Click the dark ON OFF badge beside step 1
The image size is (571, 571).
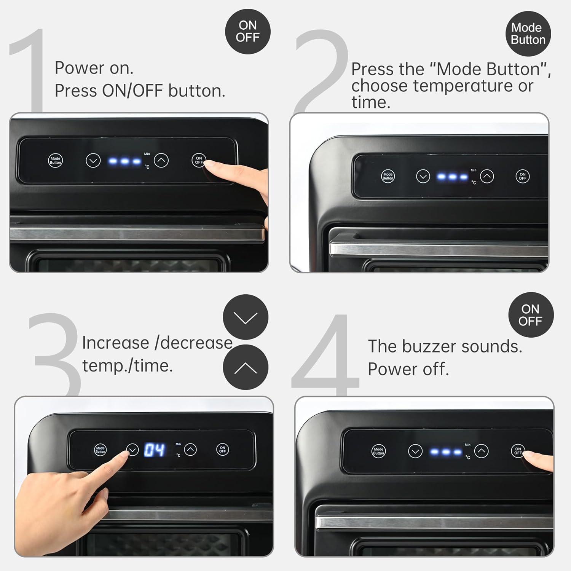[248, 32]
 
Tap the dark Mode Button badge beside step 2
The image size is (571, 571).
[528, 34]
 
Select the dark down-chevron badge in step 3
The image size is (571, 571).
[246, 317]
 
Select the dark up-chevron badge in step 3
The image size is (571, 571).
[246, 367]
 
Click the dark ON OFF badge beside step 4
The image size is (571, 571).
[531, 315]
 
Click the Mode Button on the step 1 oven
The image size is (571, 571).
[55, 161]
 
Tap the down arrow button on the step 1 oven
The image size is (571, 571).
[93, 161]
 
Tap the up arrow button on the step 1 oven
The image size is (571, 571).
[161, 160]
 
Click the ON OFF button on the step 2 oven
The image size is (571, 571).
[523, 176]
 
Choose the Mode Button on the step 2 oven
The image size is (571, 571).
[388, 176]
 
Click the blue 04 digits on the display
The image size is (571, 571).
[154, 450]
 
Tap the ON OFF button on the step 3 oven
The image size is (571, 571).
[223, 449]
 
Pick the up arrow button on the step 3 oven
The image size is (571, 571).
[190, 450]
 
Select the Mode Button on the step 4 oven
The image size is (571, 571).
[378, 451]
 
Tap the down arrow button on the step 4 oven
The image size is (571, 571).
[415, 451]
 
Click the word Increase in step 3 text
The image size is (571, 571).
[116, 343]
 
